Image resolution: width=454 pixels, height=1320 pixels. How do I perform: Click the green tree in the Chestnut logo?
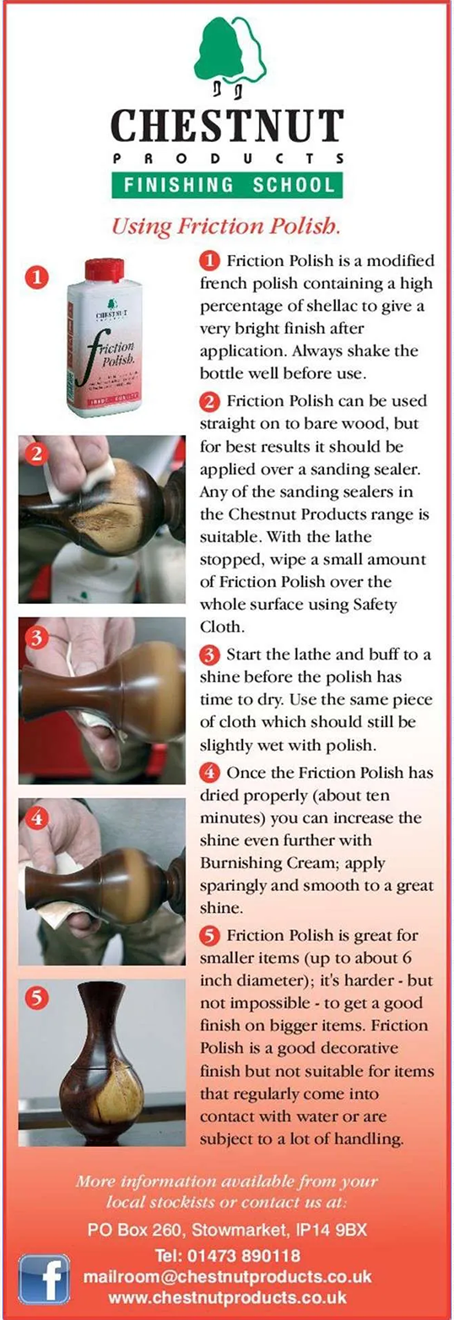click(219, 50)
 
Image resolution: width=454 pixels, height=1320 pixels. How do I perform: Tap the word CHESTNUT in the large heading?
click(227, 126)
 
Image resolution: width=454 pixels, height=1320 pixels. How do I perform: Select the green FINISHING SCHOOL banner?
click(227, 185)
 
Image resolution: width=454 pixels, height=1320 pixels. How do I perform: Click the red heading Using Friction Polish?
click(226, 225)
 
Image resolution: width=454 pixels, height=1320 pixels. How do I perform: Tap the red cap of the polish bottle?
click(105, 269)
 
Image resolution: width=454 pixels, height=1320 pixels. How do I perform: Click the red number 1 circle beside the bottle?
click(36, 276)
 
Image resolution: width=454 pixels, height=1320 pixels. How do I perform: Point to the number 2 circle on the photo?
click(36, 454)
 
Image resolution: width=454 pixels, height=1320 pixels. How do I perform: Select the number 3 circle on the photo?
click(36, 638)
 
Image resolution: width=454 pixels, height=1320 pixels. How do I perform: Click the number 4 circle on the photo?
click(36, 818)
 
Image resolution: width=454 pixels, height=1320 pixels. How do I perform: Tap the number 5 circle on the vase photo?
click(36, 997)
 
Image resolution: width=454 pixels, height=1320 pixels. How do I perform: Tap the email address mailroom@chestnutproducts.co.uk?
click(227, 1276)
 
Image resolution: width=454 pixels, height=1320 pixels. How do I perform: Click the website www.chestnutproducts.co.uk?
click(227, 1297)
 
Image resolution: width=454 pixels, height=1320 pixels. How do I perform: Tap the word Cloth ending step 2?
click(220, 627)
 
